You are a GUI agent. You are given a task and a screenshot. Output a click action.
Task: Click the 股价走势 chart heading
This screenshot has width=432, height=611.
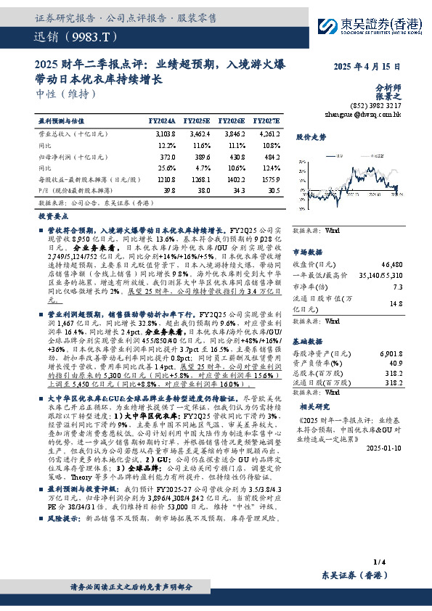(311, 136)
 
